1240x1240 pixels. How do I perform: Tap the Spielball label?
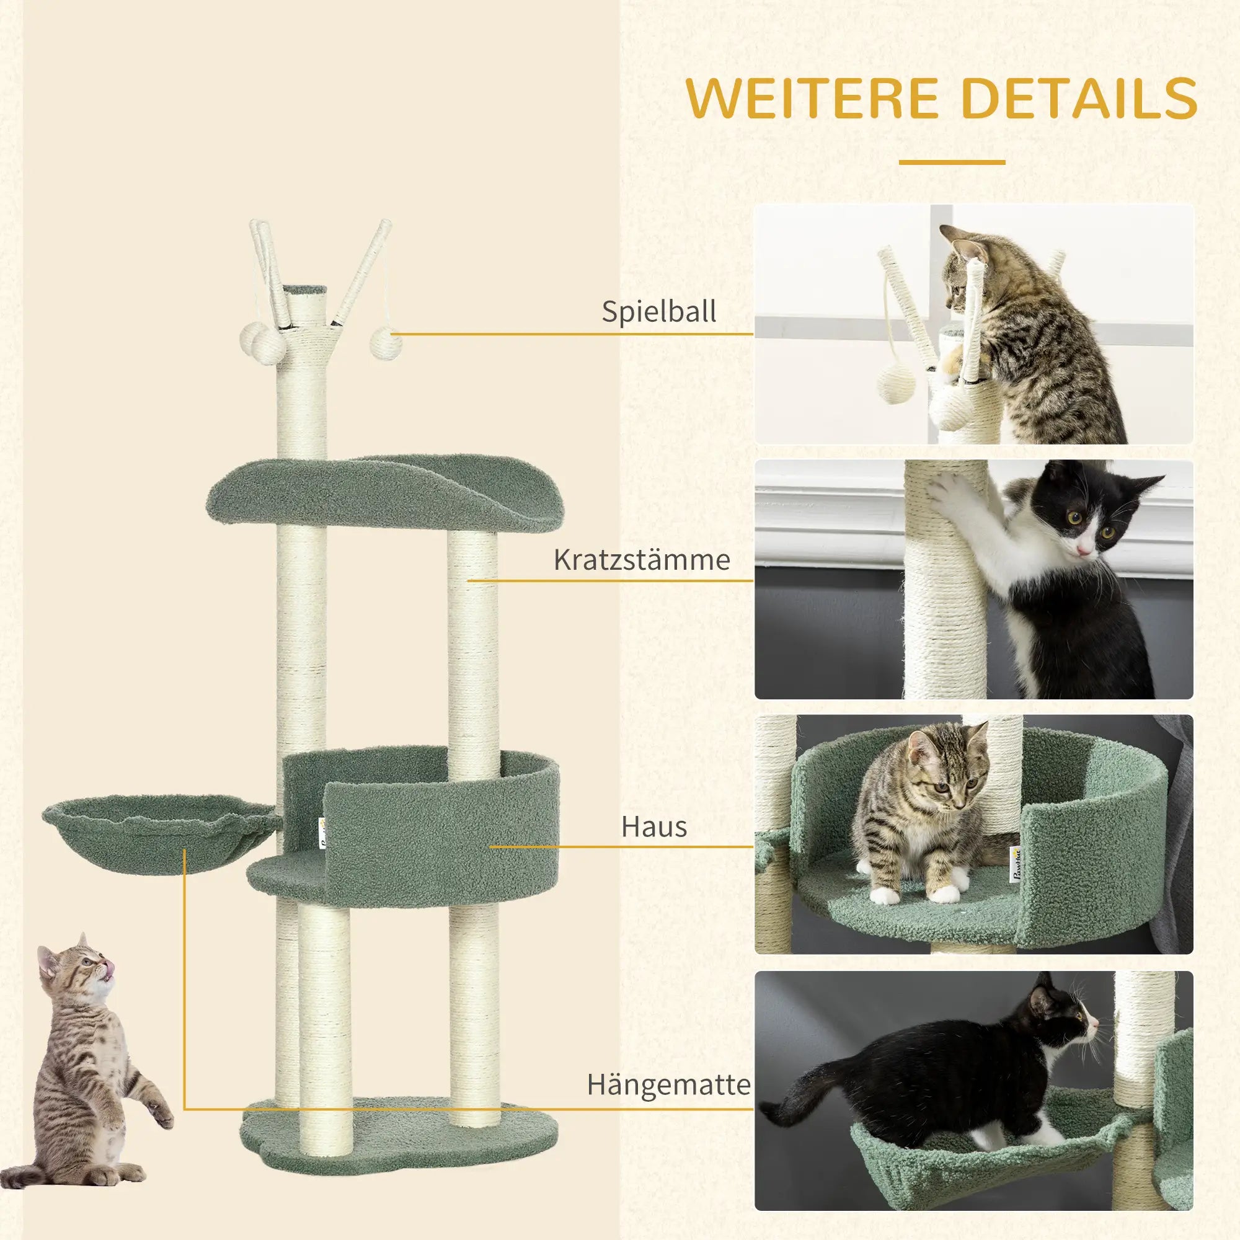[658, 312]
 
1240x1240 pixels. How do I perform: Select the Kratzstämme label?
[641, 560]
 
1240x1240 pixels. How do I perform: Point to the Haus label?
[653, 827]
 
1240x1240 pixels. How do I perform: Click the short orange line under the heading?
[951, 162]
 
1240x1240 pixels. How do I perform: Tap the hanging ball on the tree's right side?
[387, 343]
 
